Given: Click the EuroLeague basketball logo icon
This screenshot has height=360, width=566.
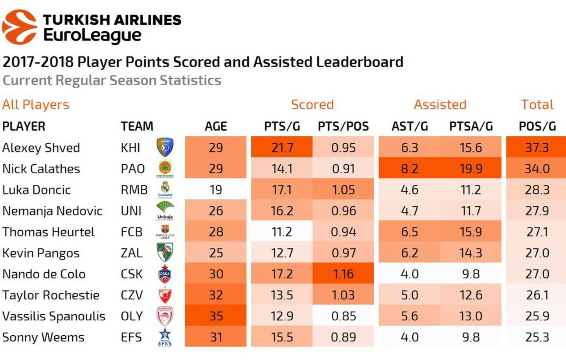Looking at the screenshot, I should (x=20, y=27).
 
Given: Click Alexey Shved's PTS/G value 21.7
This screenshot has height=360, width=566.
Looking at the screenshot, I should (x=282, y=148).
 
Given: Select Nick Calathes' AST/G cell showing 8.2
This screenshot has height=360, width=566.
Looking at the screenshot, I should (x=409, y=169).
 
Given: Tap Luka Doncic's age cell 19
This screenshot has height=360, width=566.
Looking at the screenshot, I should (x=216, y=190).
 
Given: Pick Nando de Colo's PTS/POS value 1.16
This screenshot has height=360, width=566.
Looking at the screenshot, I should (x=343, y=274).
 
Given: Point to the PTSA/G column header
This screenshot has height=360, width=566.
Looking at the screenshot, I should (x=471, y=126).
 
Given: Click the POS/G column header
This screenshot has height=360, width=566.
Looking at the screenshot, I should (x=537, y=126).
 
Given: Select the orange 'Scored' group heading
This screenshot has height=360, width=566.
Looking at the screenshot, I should (x=312, y=105).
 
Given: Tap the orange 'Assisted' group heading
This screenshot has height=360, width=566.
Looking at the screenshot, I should (x=440, y=105).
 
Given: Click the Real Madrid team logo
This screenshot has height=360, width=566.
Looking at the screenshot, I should (x=165, y=190).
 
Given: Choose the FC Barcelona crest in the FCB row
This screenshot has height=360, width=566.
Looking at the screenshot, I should (x=165, y=231).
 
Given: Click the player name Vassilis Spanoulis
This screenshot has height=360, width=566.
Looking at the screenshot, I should (x=54, y=316).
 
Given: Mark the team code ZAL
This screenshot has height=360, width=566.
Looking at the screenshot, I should (x=131, y=253).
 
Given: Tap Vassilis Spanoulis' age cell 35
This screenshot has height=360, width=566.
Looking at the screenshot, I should (x=216, y=316).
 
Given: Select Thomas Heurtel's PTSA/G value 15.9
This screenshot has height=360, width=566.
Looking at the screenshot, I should (x=471, y=232).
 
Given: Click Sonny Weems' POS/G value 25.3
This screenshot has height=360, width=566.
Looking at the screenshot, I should (x=537, y=337).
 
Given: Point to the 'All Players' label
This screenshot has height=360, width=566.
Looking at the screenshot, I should (x=36, y=105).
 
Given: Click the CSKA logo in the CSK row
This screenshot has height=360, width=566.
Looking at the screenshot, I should (x=165, y=274).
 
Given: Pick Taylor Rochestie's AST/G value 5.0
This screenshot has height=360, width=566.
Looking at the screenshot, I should (x=409, y=295).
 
